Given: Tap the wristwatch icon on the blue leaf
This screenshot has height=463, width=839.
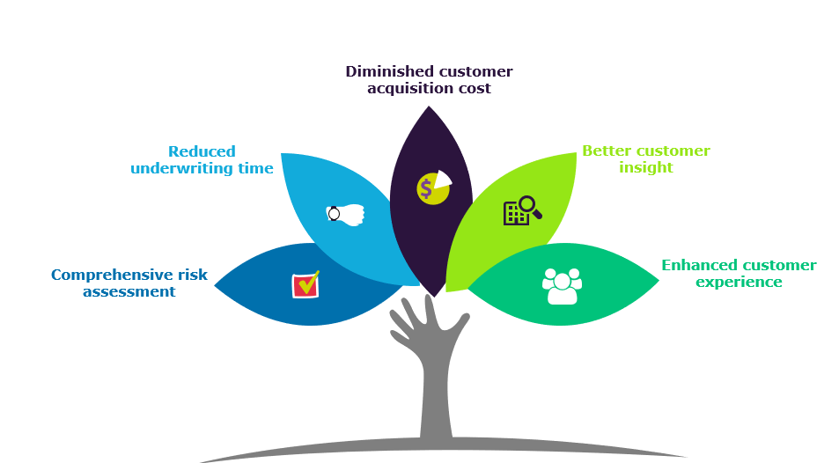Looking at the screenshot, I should tap(345, 213).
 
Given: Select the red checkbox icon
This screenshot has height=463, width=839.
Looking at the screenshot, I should tap(305, 284).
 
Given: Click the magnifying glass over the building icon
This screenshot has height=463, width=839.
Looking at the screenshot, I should tap(528, 207).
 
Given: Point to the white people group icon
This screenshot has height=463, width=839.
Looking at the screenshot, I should tap(562, 286).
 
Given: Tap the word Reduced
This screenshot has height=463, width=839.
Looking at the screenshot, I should tap(202, 151).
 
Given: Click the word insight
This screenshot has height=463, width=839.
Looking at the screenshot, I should tap(645, 167).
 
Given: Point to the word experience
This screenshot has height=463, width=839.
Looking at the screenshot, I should tap(739, 282).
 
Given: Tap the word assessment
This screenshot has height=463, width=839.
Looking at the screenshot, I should tap(129, 291).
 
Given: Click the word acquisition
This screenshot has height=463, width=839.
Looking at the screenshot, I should tap(408, 88).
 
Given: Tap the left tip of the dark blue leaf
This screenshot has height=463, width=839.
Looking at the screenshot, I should tap(216, 285).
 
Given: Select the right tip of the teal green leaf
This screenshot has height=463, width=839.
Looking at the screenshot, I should tap(658, 282).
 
